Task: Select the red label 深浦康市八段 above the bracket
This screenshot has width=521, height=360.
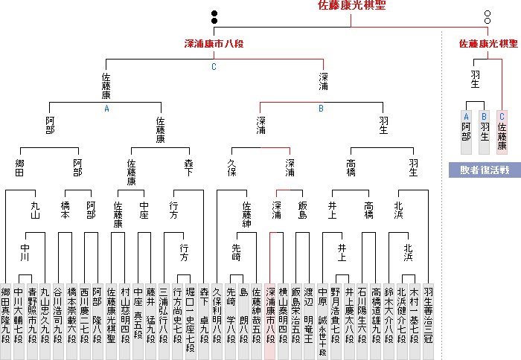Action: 214,44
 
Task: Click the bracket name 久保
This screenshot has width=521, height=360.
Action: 231,161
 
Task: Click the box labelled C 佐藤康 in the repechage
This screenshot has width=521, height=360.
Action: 502,131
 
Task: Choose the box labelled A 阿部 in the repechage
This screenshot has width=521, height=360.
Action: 466,131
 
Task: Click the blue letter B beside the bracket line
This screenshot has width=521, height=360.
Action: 321,108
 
